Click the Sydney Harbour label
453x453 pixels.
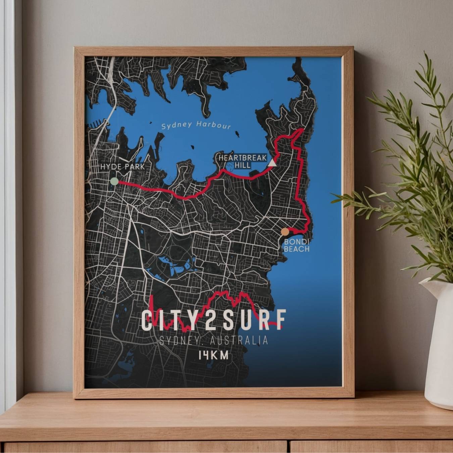[x=196, y=125]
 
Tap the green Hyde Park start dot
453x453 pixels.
[x=114, y=182]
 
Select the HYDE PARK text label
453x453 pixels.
[x=122, y=166]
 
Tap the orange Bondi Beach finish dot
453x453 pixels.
[x=285, y=232]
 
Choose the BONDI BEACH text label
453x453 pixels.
[x=297, y=245]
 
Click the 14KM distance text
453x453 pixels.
[x=213, y=355]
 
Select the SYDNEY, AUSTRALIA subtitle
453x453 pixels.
[x=214, y=341]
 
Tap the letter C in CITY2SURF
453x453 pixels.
[x=147, y=320]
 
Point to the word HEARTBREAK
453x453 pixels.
[x=242, y=158]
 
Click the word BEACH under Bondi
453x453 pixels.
[x=297, y=249]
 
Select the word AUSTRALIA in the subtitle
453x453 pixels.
[x=239, y=341]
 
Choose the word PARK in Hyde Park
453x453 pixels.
[x=134, y=166]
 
